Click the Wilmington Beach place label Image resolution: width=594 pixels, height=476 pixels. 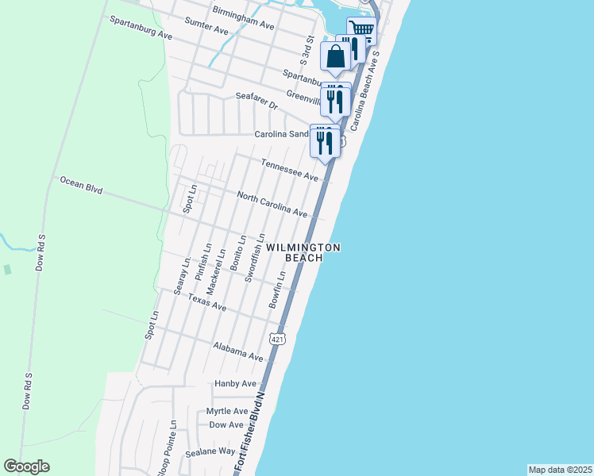pos(303,252)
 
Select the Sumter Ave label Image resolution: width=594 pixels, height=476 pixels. pos(206,27)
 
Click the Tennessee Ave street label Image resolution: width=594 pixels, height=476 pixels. pos(290,168)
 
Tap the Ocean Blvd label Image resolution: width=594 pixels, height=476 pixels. pos(82,186)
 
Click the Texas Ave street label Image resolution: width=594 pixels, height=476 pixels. pos(207,303)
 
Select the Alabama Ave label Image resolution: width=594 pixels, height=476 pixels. pos(238,351)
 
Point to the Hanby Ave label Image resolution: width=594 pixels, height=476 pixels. pos(236,383)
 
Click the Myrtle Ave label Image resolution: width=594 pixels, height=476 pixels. pos(227,411)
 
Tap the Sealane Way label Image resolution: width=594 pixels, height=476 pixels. pos(210,451)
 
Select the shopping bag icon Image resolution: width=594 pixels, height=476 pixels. pos(336,56)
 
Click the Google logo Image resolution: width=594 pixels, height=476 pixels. pos(27,466)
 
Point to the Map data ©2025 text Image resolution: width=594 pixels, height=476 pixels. pos(560,470)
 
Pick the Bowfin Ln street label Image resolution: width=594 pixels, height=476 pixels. pos(276,290)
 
